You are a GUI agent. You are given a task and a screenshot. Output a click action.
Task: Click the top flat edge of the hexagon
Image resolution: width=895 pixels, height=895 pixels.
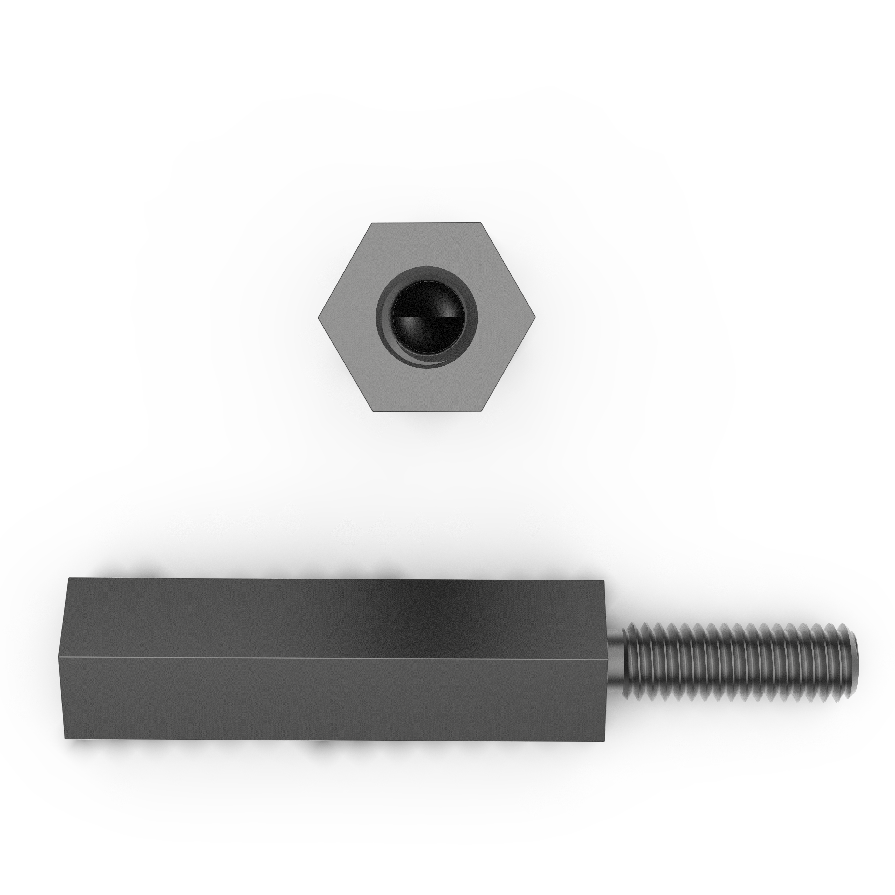pyautogui.click(x=427, y=223)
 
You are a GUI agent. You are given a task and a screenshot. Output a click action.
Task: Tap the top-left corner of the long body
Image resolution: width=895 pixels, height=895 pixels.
pyautogui.click(x=68, y=578)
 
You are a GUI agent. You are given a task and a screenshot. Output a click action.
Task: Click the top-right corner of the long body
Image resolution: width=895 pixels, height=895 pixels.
pyautogui.click(x=604, y=581)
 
